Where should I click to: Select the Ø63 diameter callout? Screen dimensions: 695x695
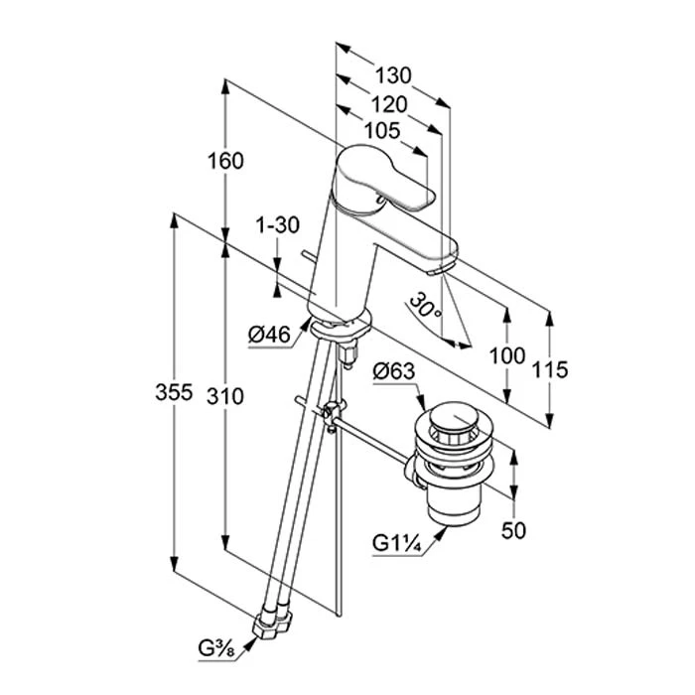coord(393,373)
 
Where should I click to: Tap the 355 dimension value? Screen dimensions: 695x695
coord(175,394)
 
